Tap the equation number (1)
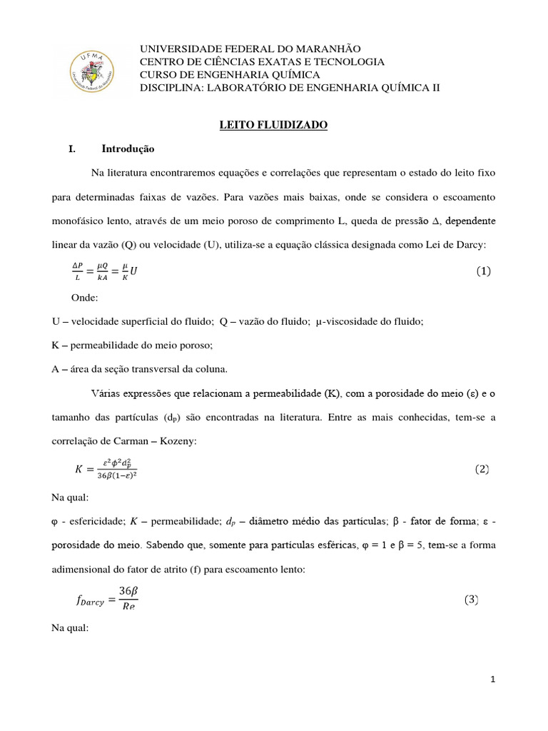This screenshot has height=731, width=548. (x=483, y=271)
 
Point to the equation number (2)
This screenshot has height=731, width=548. (x=483, y=469)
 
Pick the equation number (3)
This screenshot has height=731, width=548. (x=483, y=600)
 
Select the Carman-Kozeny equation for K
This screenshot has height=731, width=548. (x=106, y=469)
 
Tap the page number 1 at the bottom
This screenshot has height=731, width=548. (x=493, y=680)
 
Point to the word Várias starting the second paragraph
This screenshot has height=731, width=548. (x=107, y=393)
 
